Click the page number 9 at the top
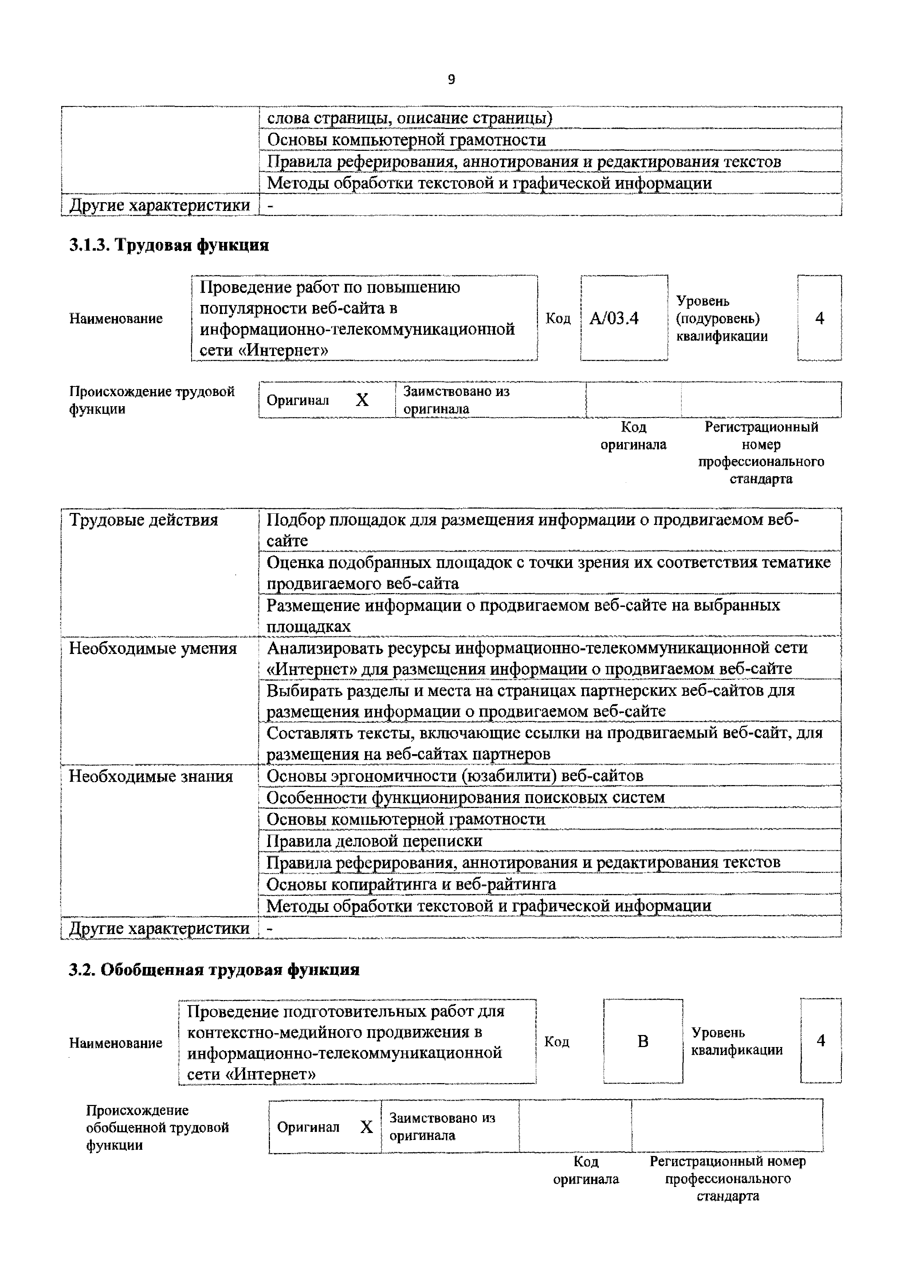coord(451,79)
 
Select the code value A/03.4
coord(614,318)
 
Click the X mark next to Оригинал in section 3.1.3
coord(362,400)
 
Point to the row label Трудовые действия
coord(144,520)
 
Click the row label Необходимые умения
coord(153,648)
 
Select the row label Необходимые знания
coord(151,776)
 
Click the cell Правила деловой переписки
coord(374,840)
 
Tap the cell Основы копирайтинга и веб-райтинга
coord(411,884)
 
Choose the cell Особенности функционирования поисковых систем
coord(466,797)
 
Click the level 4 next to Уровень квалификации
coord(821,1040)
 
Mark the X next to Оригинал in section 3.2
coord(366,1127)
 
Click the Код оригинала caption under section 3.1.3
coord(633,436)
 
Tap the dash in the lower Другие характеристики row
coord(270,928)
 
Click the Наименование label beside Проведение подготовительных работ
coord(116,1043)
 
